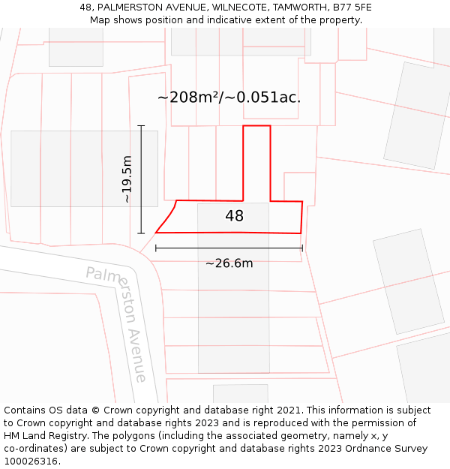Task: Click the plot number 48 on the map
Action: [x=234, y=216]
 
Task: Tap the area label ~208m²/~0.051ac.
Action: [x=229, y=98]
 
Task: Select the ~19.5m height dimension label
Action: [x=127, y=179]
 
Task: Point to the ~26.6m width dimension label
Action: [x=229, y=263]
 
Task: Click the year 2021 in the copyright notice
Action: [x=286, y=410]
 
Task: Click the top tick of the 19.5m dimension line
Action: [x=141, y=125]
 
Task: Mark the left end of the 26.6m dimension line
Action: [x=156, y=248]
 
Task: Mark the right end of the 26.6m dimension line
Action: [x=302, y=248]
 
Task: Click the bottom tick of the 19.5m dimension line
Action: [x=141, y=233]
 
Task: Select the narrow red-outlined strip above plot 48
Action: [x=256, y=161]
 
